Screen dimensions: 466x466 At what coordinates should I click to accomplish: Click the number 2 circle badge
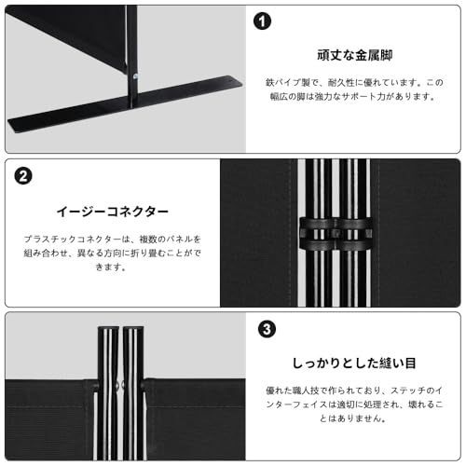(x=24, y=174)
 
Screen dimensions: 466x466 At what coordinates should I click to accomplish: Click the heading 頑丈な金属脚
(x=354, y=55)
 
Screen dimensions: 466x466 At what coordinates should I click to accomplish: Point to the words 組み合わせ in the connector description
(x=52, y=253)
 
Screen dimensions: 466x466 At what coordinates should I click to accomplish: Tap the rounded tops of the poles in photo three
(x=121, y=329)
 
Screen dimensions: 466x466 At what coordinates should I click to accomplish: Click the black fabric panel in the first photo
(x=65, y=33)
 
